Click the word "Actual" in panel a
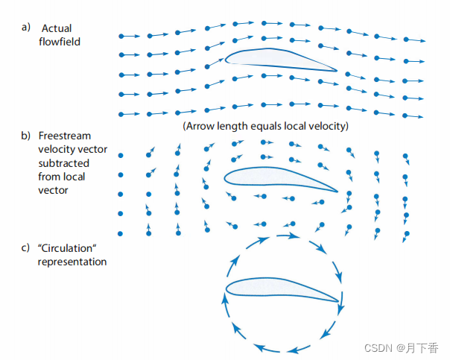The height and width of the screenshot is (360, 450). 56,28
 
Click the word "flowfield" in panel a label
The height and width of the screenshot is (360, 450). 60,42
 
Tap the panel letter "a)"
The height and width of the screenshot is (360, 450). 26,28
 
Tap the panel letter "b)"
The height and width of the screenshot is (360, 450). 26,136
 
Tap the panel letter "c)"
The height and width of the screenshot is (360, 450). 26,248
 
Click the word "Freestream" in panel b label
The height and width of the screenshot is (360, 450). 64,136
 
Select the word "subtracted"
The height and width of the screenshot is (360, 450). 63,163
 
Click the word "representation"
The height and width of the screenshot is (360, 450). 72,262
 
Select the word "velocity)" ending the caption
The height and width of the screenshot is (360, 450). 328,127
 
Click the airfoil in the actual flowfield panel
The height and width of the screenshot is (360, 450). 276,60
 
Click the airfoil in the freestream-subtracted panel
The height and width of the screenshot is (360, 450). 276,177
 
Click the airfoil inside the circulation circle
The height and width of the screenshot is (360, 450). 276,291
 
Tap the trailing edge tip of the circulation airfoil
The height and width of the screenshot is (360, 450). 340,303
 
